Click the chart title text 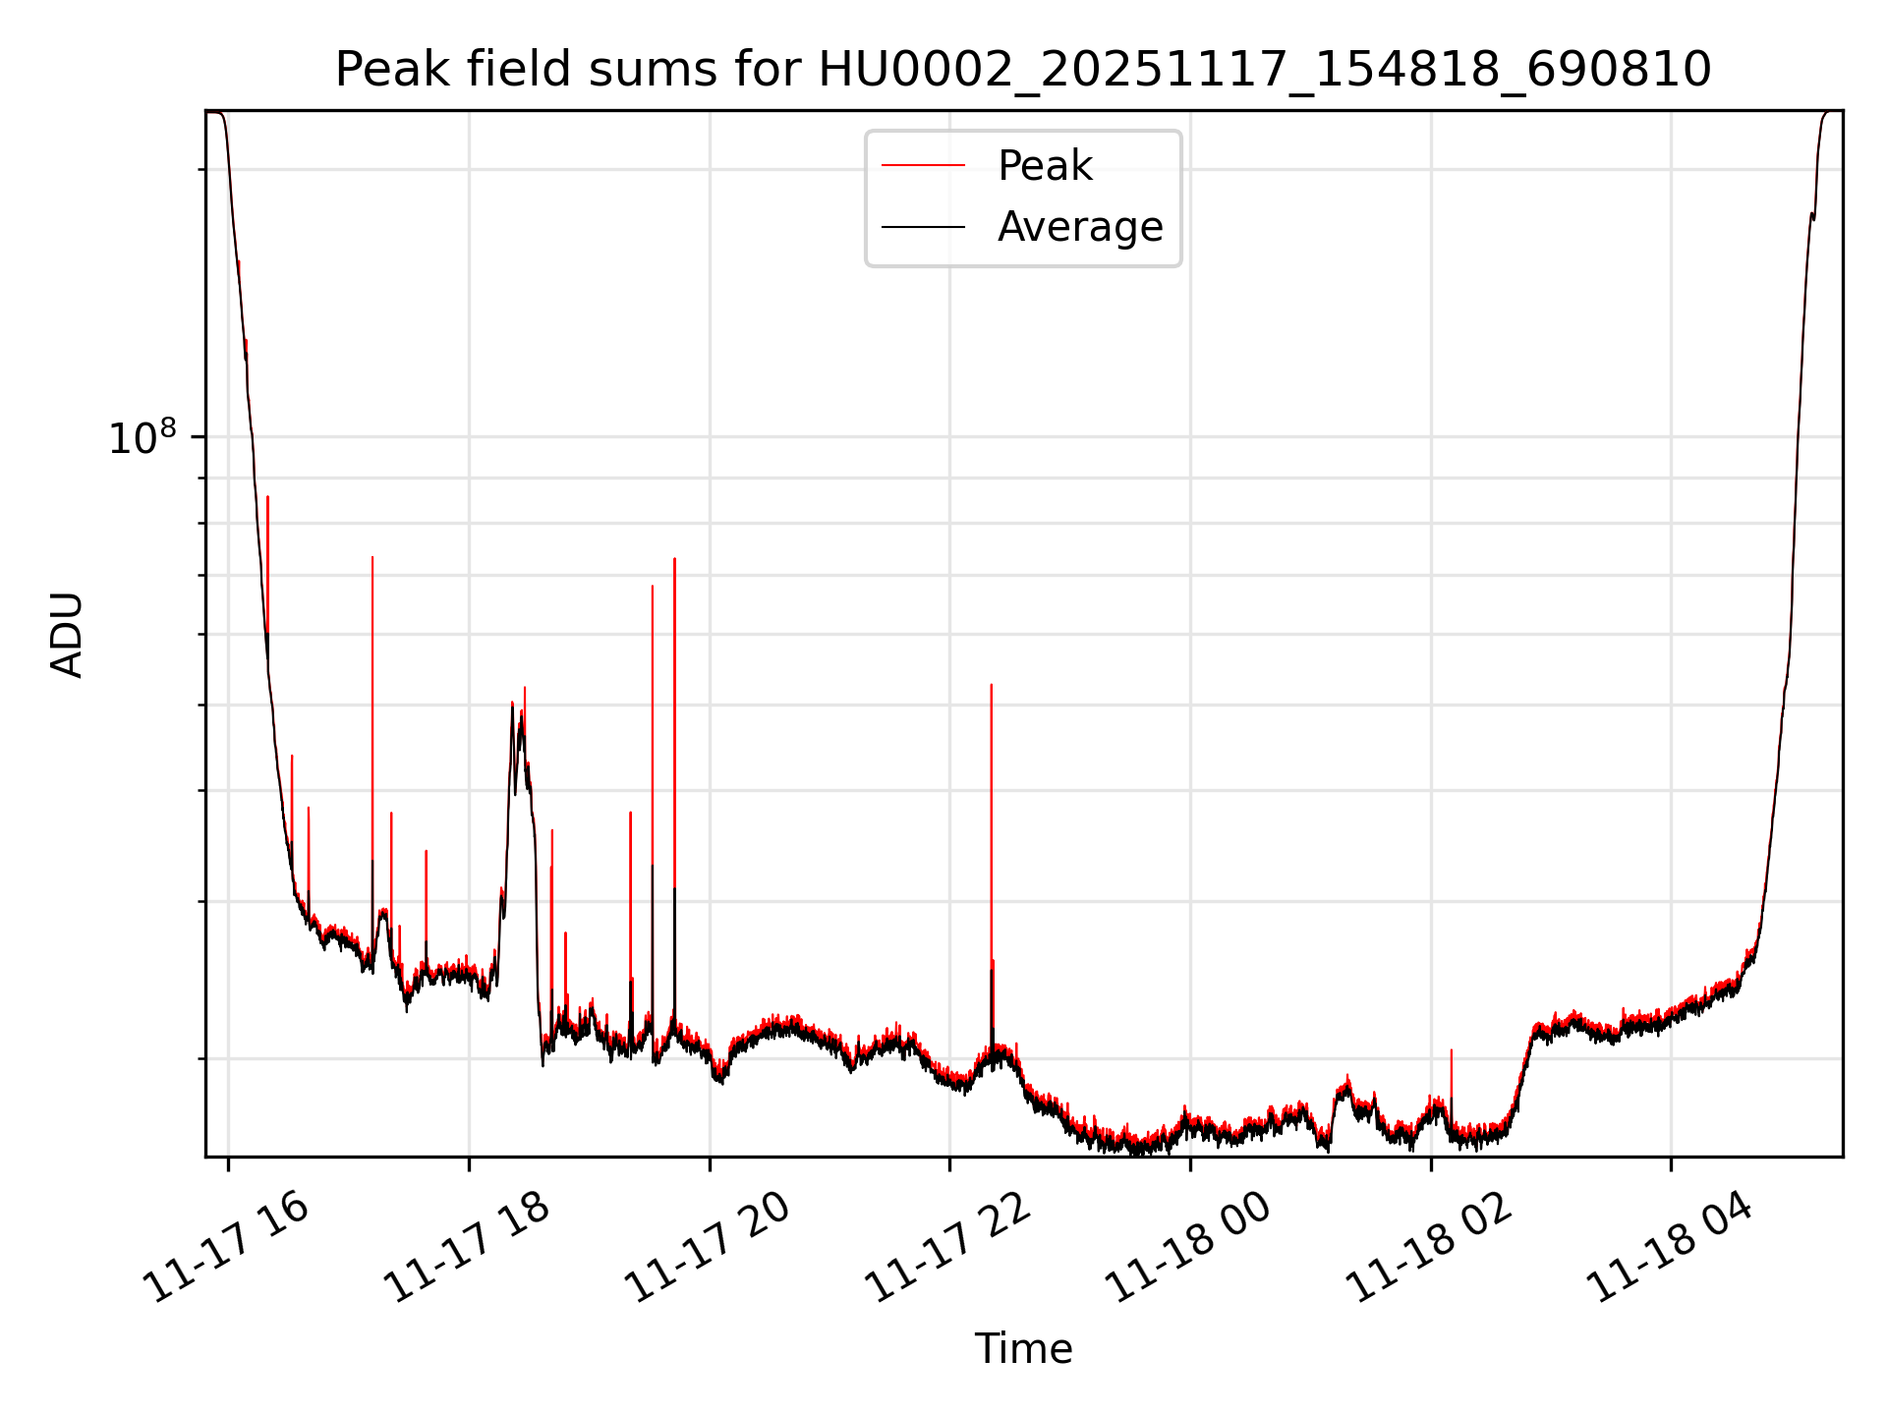(1023, 70)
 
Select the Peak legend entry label (1045, 166)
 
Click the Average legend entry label (1079, 227)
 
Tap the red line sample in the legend (923, 166)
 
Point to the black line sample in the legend (923, 227)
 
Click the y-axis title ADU (67, 635)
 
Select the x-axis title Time (1023, 1349)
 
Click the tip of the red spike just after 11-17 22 (991, 685)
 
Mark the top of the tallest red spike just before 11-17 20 (674, 559)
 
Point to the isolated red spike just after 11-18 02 (1451, 1051)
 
